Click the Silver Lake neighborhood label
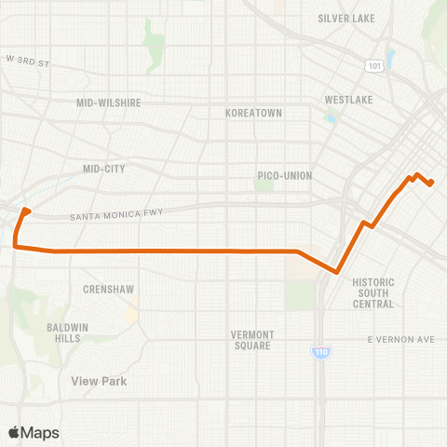tap(345, 18)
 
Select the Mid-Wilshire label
tap(108, 103)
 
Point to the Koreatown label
tap(253, 113)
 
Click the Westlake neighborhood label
tap(348, 100)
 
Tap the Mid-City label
tap(103, 169)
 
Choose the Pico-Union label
tap(285, 175)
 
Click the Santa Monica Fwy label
tap(116, 215)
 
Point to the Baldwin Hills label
tap(63, 332)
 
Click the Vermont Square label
tap(252, 340)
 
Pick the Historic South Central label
tap(373, 292)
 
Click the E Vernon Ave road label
tap(401, 339)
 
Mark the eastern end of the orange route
tap(431, 183)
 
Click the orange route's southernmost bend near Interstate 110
tap(336, 273)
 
